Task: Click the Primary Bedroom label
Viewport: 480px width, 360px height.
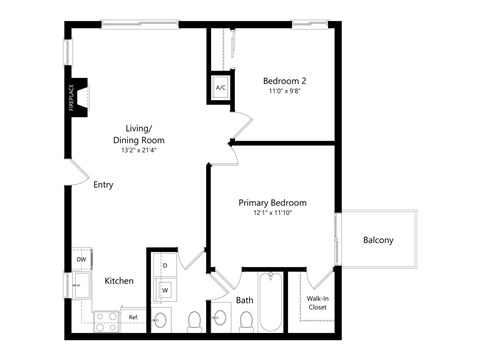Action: tap(272, 202)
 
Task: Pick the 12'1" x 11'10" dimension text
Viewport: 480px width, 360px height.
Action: tap(272, 213)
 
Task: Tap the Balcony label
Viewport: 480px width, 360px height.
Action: tap(378, 240)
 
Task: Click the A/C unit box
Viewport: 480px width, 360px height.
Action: tap(220, 88)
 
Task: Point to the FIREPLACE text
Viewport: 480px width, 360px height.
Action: tap(73, 99)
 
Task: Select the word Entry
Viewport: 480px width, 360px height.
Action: tap(103, 185)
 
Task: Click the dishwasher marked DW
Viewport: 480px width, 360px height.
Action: tap(81, 260)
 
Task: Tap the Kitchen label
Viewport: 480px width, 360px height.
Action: tap(119, 281)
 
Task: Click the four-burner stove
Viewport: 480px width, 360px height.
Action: tap(105, 319)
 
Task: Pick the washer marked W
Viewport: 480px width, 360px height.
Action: tap(164, 290)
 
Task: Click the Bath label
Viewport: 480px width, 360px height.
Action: tap(245, 300)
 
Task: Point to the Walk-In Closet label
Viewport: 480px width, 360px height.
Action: tap(318, 302)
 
